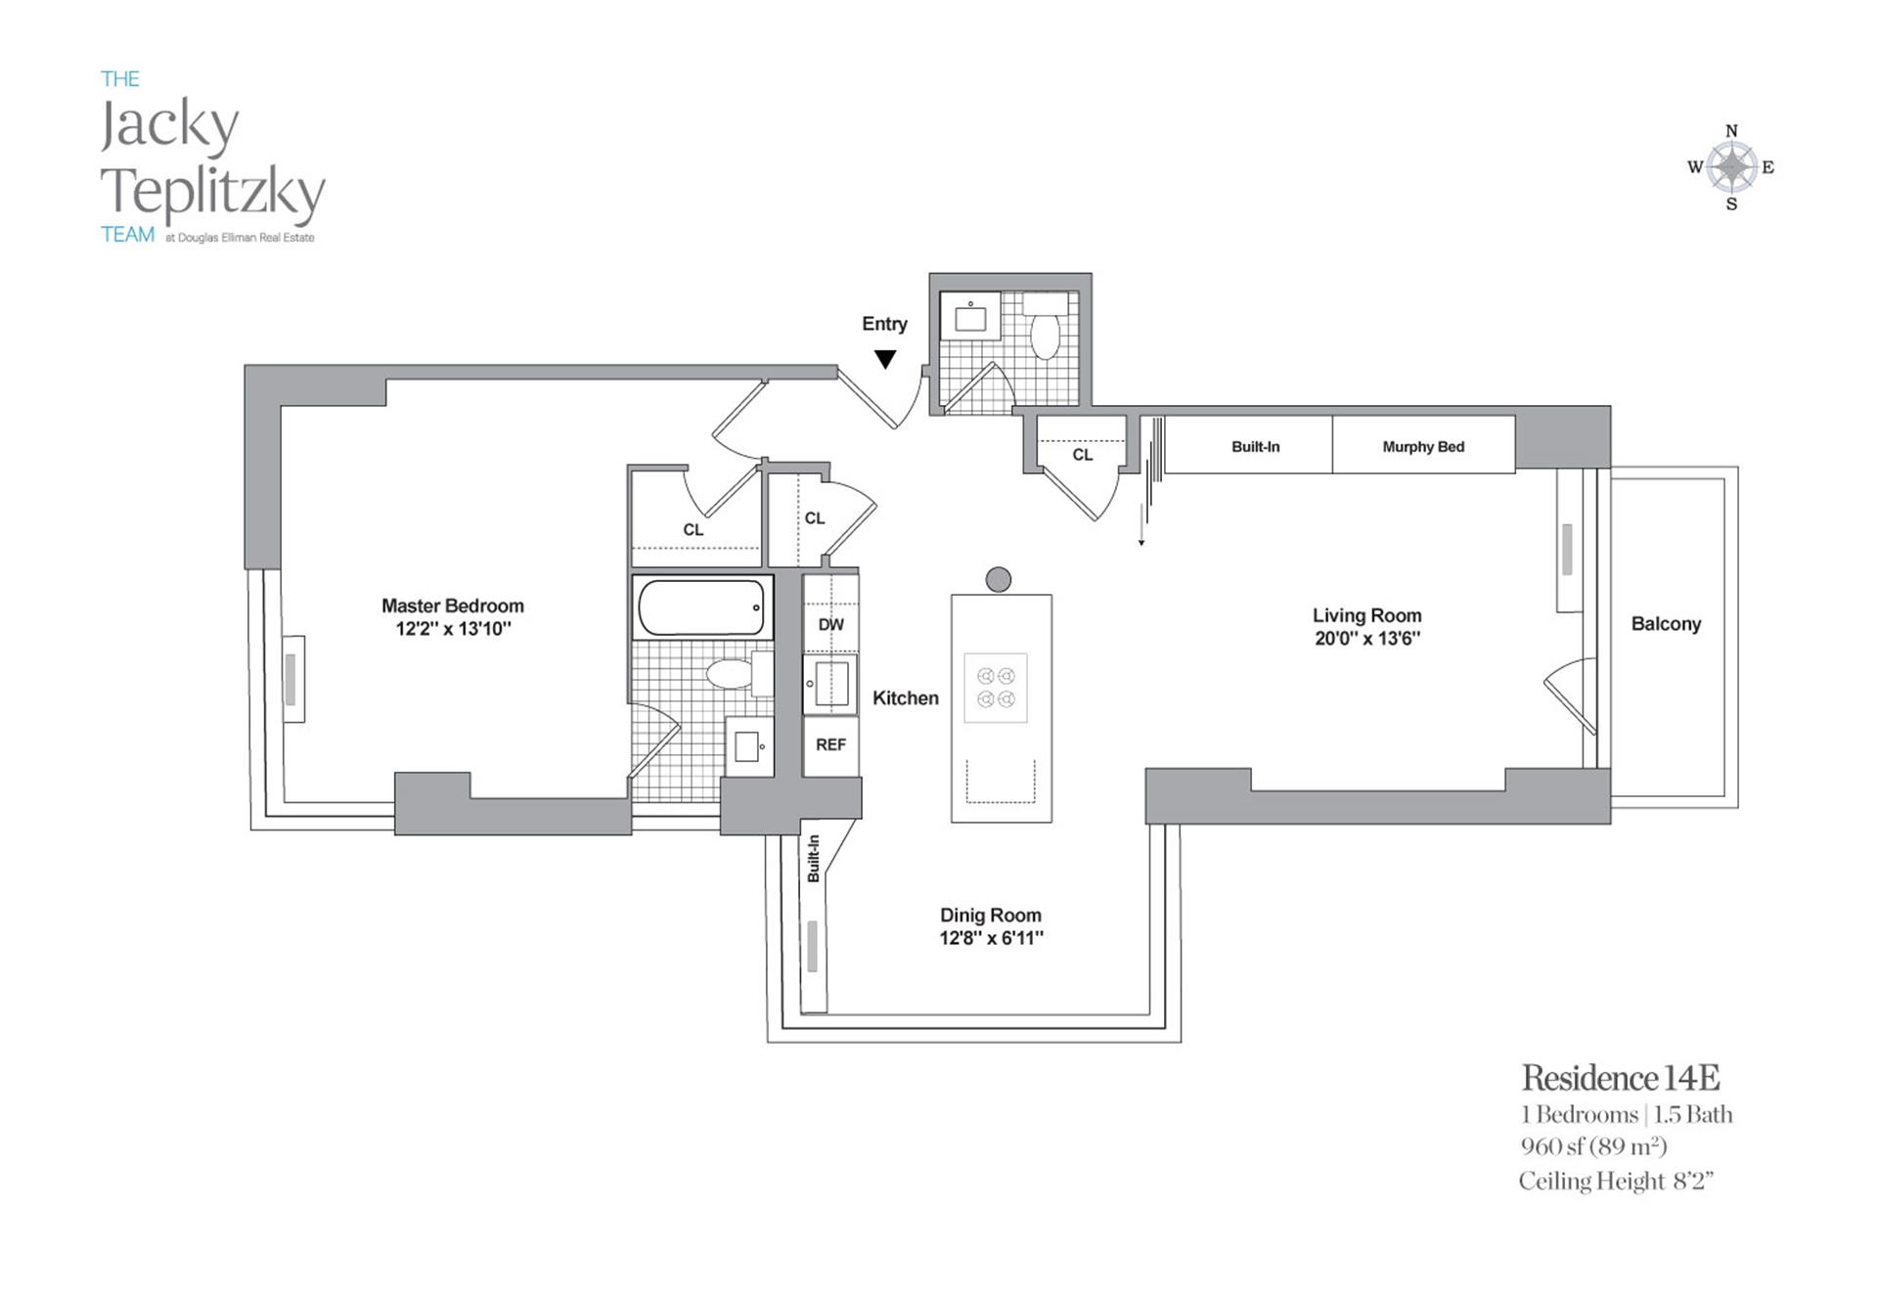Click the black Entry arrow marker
(885, 360)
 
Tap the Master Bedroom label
(452, 606)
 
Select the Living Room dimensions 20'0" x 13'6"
(1366, 639)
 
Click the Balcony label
(1666, 624)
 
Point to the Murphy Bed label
(1423, 447)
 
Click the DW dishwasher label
(830, 624)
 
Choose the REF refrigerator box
(830, 744)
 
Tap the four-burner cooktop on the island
(996, 688)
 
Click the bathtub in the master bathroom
(701, 607)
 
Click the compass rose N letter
(1731, 131)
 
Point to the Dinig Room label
(990, 916)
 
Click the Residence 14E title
(1620, 1078)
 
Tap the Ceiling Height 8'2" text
(1616, 1182)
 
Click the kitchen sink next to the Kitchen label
(830, 683)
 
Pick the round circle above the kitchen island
(998, 579)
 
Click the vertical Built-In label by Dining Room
(814, 859)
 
